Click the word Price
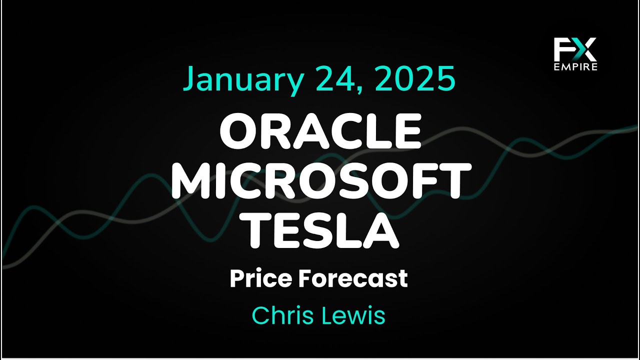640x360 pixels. pyautogui.click(x=259, y=278)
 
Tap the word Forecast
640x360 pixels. pyautogui.click(x=352, y=278)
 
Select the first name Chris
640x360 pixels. pyautogui.click(x=282, y=315)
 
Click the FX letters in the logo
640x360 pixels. pyautogui.click(x=575, y=50)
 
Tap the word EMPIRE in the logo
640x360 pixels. pyautogui.click(x=575, y=67)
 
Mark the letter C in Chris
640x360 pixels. pyautogui.click(x=260, y=315)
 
